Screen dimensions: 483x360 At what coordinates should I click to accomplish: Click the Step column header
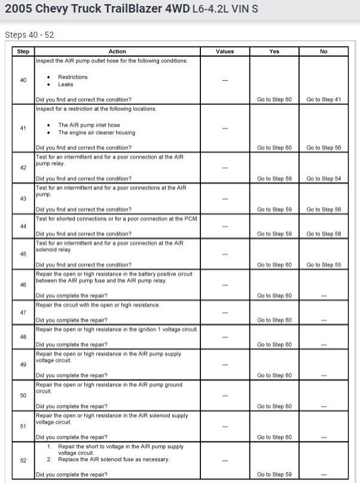coord(23,51)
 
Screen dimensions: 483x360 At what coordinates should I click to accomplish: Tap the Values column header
coord(225,51)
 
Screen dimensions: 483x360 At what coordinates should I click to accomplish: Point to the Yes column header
coord(274,51)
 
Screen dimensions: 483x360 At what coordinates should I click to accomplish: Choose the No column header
coord(324,51)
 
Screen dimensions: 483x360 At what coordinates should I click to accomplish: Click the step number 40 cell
coord(23,80)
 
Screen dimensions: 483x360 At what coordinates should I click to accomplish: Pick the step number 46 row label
coord(23,285)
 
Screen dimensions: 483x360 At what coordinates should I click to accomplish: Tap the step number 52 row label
coord(23,460)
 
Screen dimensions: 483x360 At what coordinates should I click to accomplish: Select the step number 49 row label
coord(23,364)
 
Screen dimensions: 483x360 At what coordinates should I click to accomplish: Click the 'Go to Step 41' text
coord(324,99)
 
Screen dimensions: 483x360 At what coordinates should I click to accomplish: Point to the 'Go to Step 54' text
coord(324,178)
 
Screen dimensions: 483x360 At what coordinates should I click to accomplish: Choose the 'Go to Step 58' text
coord(324,233)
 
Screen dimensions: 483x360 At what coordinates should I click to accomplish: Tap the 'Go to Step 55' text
coord(324,265)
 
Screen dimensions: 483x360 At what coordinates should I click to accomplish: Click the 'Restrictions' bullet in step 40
coord(72,77)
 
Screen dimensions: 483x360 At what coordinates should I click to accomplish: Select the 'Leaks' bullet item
coord(66,85)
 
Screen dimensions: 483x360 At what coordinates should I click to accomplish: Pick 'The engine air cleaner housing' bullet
coord(96,133)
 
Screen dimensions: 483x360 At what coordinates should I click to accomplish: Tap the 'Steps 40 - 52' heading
coord(29,35)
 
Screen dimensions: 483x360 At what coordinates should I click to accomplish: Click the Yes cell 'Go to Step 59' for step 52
coord(274,475)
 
